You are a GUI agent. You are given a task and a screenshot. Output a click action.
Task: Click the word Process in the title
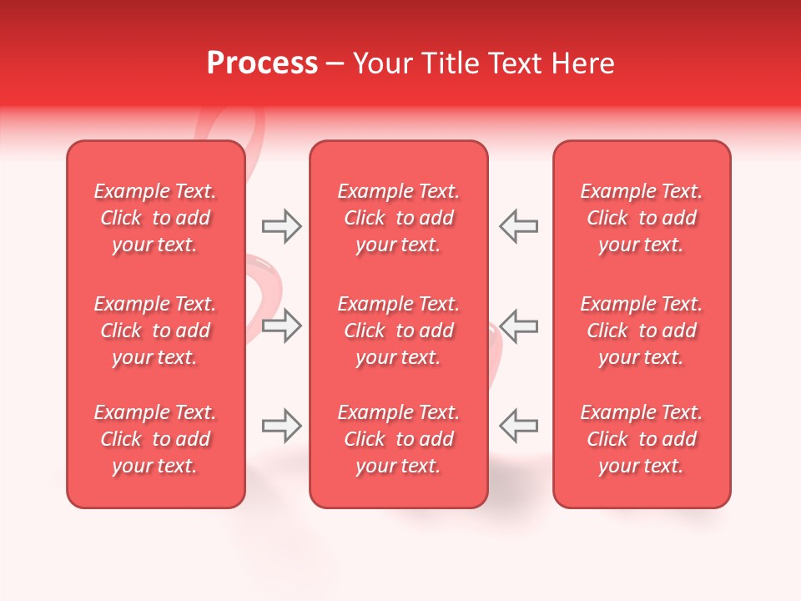point(262,63)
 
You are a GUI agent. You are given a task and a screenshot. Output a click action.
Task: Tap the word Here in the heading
point(582,63)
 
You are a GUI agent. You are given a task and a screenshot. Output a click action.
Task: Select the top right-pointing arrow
point(282,226)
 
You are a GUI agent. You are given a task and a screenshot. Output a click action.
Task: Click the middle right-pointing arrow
point(282,326)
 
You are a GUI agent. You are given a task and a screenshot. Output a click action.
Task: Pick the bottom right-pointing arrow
point(282,427)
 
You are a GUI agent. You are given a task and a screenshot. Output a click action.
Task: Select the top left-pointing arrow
point(518,226)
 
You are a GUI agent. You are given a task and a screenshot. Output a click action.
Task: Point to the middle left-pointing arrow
point(518,326)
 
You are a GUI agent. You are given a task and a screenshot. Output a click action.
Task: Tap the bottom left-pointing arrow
point(518,427)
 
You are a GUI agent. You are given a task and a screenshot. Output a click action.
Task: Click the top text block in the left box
point(155,218)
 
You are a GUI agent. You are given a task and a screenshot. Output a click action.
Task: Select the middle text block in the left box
point(155,331)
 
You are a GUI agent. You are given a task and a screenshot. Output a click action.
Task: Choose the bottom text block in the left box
point(155,439)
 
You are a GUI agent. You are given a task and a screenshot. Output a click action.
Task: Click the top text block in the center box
point(398,218)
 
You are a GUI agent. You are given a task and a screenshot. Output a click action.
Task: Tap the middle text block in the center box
point(398,331)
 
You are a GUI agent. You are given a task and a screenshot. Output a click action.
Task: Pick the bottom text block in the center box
point(398,439)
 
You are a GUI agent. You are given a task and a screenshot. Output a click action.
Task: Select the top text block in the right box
point(641,218)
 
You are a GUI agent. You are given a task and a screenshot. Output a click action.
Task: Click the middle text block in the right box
point(641,331)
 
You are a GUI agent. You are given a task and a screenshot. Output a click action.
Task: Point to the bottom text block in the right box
point(641,439)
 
